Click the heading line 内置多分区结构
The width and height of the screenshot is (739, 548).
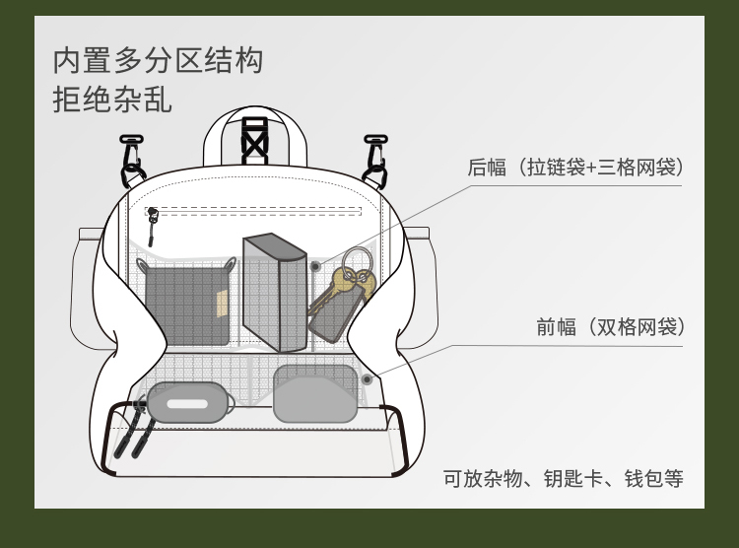coord(158,60)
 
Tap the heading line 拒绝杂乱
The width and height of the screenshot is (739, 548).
coord(112,100)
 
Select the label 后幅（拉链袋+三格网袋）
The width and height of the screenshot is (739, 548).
coord(574,168)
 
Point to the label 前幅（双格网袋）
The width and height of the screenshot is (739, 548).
coord(610,327)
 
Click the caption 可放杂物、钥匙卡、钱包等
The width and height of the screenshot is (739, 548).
coord(563,479)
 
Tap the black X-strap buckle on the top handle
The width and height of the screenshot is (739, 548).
coord(255,141)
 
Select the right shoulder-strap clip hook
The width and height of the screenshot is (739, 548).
coord(374,161)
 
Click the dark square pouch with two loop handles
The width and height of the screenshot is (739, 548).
coord(187,304)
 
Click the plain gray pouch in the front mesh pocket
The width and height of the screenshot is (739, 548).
coord(314,393)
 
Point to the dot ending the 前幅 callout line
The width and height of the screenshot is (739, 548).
coord(367,378)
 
